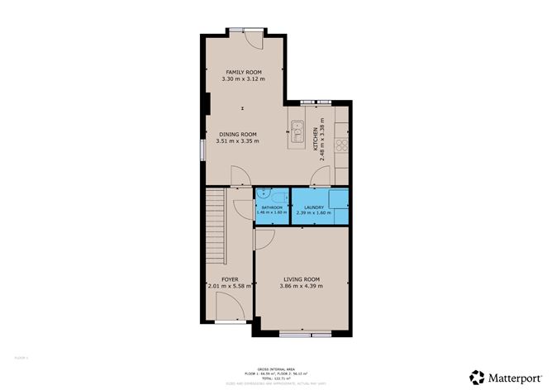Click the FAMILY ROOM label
(243, 73)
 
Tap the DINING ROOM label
(237, 134)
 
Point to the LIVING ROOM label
(302, 279)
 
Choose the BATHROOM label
(270, 207)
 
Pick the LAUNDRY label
(313, 207)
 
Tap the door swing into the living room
(264, 240)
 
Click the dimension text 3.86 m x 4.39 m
(302, 287)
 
